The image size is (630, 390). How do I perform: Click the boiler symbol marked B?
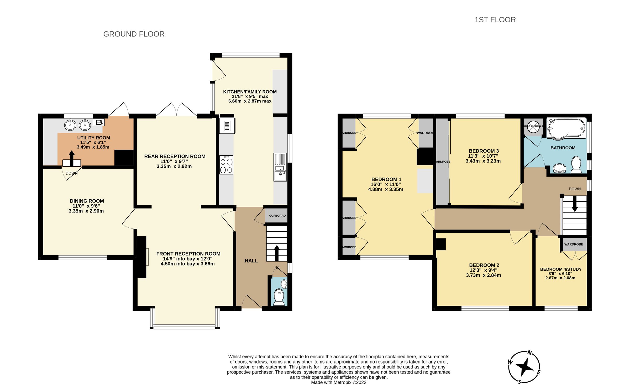click(99, 122)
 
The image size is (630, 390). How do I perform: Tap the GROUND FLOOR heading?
click(134, 34)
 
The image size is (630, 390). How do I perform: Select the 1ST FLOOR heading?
click(495, 20)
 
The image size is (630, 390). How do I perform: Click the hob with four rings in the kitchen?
click(226, 165)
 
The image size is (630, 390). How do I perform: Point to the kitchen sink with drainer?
click(280, 167)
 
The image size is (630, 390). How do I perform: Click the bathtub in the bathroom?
click(566, 128)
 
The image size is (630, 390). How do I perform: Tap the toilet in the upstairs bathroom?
click(576, 165)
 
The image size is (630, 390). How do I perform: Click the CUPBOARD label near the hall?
click(277, 216)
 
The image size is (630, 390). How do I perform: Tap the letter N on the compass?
click(530, 353)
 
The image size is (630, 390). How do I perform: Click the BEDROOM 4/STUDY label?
click(561, 269)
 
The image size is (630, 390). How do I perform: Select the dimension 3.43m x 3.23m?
click(483, 161)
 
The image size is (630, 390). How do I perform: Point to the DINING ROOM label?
click(87, 201)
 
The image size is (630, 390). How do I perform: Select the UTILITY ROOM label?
click(93, 138)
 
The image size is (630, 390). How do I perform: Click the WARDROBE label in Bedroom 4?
click(574, 244)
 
